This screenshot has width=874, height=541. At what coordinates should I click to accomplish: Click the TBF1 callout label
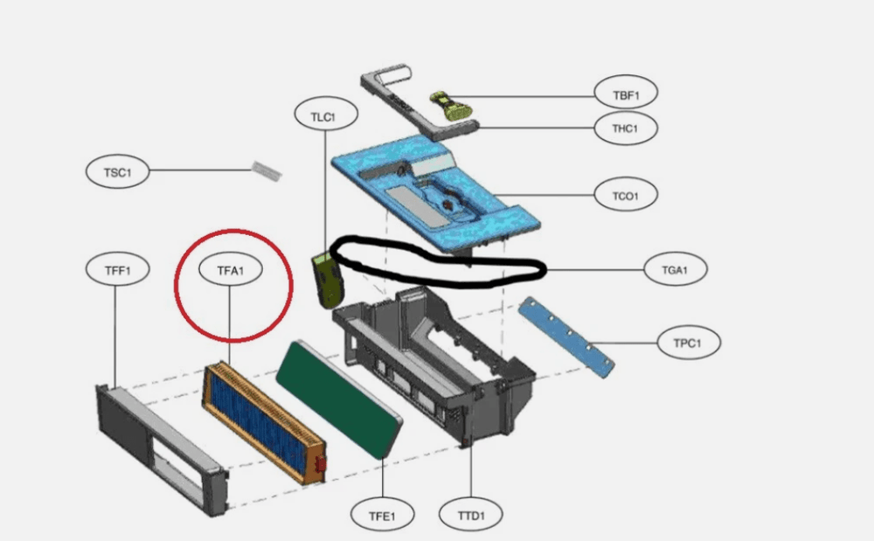pos(624,92)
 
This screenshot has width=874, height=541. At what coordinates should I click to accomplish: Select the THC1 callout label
pos(624,128)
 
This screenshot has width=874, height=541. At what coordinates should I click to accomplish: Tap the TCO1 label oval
pos(624,194)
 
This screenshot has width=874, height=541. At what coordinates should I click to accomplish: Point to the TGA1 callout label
pos(675,270)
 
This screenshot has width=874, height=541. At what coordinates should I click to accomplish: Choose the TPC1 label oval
pos(688,343)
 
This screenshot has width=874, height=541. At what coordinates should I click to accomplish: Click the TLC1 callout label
pos(323,114)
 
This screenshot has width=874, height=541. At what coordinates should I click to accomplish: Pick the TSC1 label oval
pos(117,172)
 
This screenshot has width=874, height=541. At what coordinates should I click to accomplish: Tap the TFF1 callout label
pos(117,270)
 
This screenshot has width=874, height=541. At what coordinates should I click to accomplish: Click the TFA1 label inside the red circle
pos(231,270)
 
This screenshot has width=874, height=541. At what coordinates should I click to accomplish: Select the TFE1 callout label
pos(383,515)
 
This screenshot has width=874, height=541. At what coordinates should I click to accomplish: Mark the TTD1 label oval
pos(471,515)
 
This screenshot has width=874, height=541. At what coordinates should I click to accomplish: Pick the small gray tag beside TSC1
pos(267,171)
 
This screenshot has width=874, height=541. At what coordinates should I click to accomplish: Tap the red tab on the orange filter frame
pos(320,468)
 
